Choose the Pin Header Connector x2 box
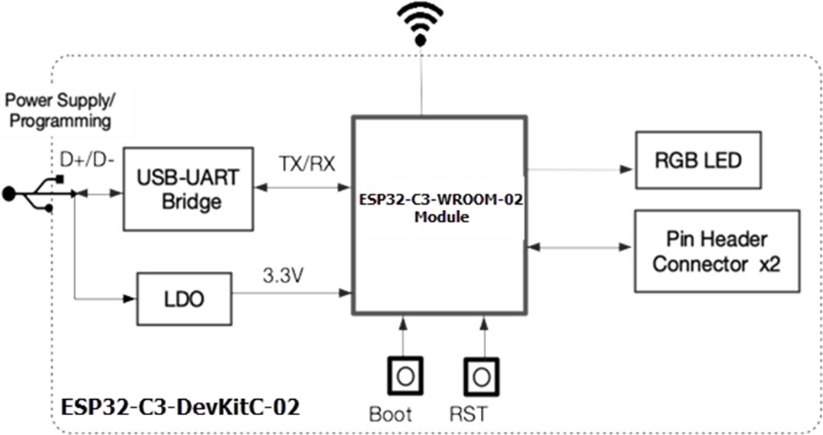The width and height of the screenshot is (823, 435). [x=716, y=251]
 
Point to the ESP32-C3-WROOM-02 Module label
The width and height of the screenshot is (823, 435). [x=440, y=207]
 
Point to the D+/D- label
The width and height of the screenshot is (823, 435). [x=86, y=161]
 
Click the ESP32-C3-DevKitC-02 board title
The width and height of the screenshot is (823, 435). [x=180, y=407]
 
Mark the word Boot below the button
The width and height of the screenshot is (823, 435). [x=390, y=414]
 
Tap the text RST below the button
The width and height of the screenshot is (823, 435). [x=469, y=414]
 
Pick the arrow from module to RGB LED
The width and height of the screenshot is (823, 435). [x=579, y=169]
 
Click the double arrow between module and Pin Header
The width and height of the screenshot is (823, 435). [x=579, y=248]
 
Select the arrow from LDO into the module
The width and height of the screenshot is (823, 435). [x=290, y=291]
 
